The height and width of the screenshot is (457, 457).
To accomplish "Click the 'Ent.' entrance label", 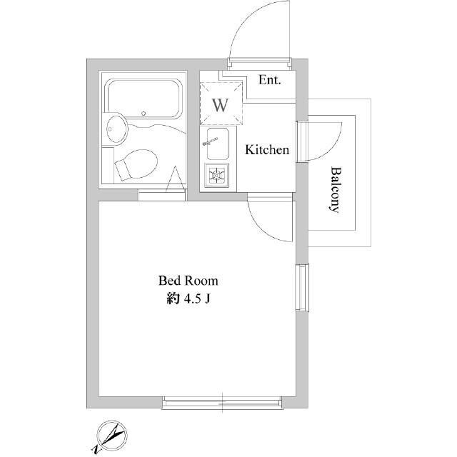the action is (x=270, y=80).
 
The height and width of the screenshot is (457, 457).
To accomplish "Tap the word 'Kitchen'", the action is (x=267, y=150).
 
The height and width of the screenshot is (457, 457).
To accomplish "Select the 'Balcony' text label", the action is (x=336, y=189).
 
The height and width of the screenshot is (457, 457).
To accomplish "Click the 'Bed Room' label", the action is (x=188, y=281).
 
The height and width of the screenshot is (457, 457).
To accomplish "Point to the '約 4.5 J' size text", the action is (x=188, y=299).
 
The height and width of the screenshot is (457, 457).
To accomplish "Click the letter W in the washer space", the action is (x=220, y=105).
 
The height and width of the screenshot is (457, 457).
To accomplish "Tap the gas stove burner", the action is (x=217, y=176).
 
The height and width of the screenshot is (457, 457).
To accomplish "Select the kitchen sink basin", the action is (x=217, y=144).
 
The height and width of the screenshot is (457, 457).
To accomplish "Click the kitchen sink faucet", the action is (x=211, y=141).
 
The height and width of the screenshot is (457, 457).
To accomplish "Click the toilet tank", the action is (x=121, y=171).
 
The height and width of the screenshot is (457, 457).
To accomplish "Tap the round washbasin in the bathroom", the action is (x=116, y=130).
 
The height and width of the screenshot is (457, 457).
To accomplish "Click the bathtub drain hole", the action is (x=144, y=114).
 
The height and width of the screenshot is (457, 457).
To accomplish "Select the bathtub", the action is (x=145, y=99).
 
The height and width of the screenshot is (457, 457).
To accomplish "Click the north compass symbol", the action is (x=111, y=436).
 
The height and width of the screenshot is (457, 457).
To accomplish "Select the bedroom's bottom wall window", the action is (x=222, y=403).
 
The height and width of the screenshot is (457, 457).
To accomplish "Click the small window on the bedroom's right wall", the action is (x=302, y=287).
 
